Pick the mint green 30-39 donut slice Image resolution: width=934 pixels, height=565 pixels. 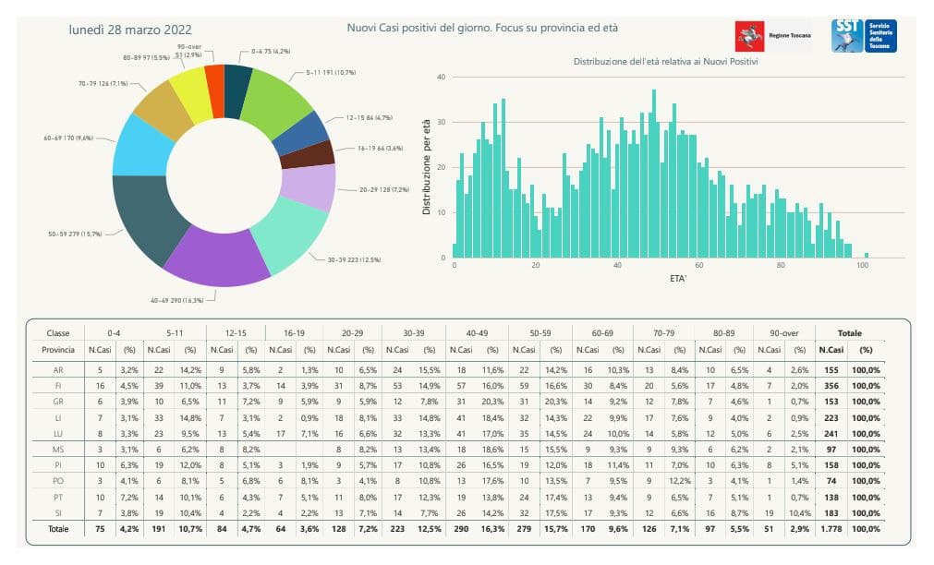[290, 234]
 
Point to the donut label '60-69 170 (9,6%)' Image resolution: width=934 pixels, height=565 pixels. [68, 137]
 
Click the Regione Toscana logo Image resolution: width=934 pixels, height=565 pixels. [771, 36]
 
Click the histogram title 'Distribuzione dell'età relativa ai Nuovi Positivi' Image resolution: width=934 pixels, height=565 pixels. [665, 61]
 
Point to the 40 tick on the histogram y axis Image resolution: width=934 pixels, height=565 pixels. [442, 78]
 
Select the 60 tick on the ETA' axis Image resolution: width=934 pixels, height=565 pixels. [699, 266]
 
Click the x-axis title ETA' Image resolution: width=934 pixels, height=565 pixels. [658, 278]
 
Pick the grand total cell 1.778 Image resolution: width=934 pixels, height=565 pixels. [831, 528]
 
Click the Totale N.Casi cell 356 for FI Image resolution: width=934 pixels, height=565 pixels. [831, 386]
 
